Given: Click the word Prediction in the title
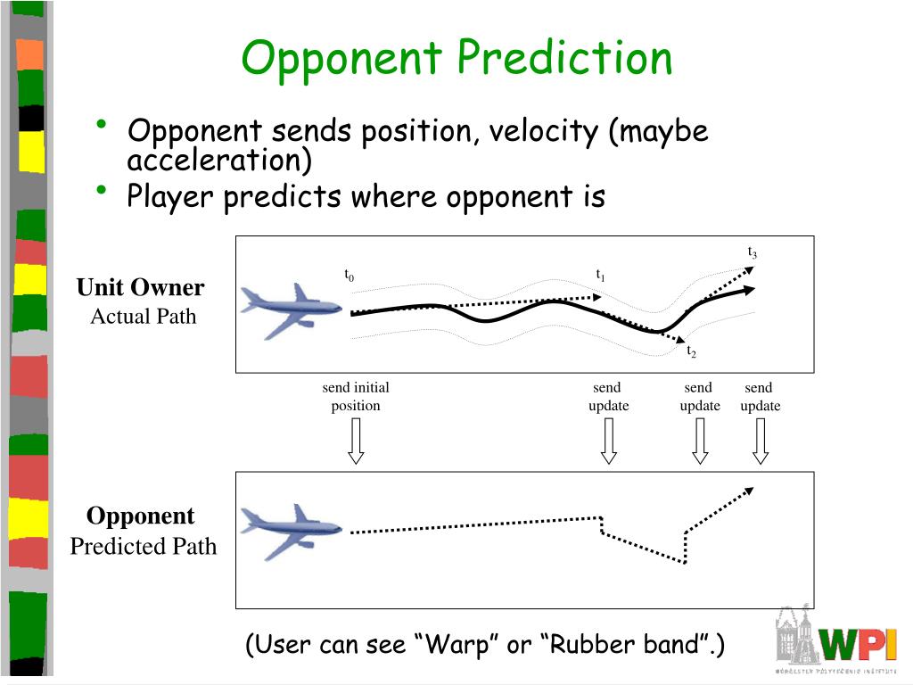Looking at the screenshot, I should click(564, 60).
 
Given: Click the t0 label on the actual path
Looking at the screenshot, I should click(350, 276).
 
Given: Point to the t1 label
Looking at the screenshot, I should click(601, 276).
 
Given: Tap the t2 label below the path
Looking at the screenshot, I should click(691, 352).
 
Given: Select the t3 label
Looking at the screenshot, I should click(753, 252).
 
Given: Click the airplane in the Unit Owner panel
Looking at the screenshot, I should click(291, 309).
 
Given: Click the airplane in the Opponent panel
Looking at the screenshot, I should click(291, 530).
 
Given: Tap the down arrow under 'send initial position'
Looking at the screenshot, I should click(356, 441).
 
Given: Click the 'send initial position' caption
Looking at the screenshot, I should click(356, 396).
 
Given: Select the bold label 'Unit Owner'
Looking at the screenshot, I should click(140, 287).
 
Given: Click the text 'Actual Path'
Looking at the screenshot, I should click(143, 317).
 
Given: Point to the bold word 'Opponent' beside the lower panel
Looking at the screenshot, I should click(140, 516).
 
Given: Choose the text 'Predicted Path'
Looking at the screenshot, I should click(143, 546).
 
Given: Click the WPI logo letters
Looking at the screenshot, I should click(858, 642).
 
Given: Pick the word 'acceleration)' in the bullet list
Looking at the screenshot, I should click(219, 161).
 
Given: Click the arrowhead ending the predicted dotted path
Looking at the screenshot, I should click(750, 489).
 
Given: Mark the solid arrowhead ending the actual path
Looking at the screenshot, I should click(751, 289).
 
